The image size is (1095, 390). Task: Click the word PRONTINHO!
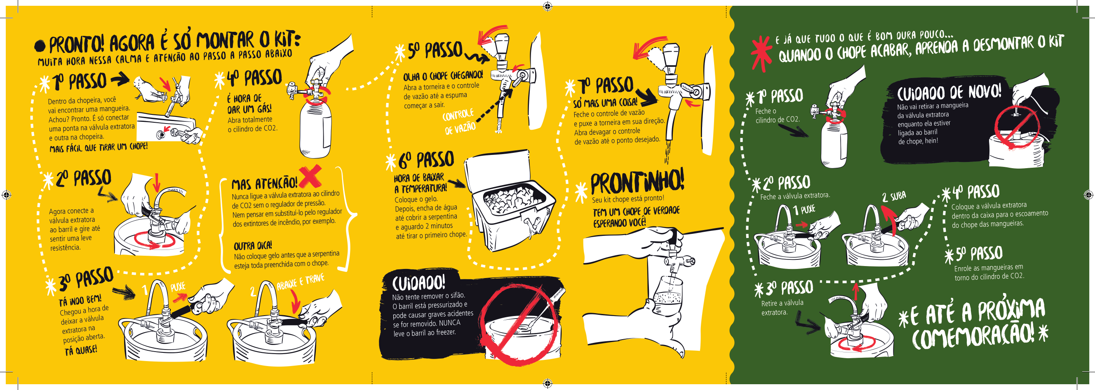pyautogui.click(x=637, y=182)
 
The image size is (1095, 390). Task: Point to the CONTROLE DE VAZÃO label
pyautogui.click(x=459, y=121)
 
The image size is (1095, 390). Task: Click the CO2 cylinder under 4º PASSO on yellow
pyautogui.click(x=315, y=128)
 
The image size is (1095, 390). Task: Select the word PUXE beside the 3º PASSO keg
pyautogui.click(x=178, y=287)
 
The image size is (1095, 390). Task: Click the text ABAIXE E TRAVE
pyautogui.click(x=300, y=282)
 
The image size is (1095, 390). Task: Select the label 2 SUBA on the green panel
pyautogui.click(x=893, y=196)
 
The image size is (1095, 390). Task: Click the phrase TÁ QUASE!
pyautogui.click(x=81, y=350)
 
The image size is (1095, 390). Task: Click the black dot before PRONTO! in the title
pyautogui.click(x=40, y=45)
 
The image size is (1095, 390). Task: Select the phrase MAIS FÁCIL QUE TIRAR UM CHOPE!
pyautogui.click(x=99, y=147)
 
